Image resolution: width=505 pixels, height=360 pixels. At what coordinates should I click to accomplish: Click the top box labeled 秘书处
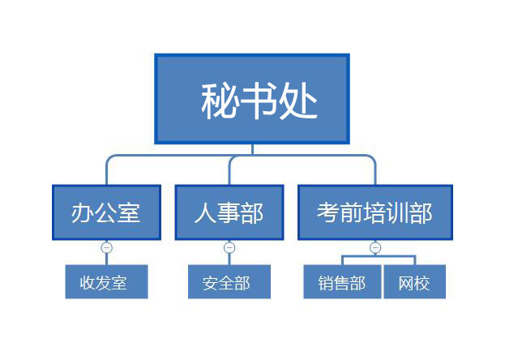pos(252,99)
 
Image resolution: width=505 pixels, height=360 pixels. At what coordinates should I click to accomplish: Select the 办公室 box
pos(107,212)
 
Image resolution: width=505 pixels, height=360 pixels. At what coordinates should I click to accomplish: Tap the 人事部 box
pos(229,212)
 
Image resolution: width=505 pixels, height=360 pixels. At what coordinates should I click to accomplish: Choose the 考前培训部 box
pos(375,212)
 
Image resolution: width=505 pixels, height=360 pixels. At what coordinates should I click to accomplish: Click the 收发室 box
pos(107,281)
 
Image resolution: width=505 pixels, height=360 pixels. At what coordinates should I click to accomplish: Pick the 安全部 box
pos(229,281)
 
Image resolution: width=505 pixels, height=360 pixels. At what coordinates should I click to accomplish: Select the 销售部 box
pos(342,281)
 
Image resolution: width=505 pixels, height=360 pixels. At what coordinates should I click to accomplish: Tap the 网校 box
pos(415,281)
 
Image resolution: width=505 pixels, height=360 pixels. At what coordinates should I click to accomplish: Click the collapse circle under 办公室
pos(107,247)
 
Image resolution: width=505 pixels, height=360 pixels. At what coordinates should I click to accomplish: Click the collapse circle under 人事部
pos(229,247)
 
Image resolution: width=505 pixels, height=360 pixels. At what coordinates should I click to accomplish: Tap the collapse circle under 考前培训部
pos(375,247)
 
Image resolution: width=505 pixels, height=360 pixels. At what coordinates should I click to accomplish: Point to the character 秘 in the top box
pos(220,101)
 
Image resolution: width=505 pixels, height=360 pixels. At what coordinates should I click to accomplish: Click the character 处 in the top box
pos(298,101)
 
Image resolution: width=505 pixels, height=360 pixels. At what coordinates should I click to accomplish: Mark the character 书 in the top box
pos(259,101)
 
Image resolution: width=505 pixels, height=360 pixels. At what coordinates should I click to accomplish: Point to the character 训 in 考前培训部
pos(398,212)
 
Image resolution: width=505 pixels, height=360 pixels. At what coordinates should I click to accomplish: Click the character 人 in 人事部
pos(205,212)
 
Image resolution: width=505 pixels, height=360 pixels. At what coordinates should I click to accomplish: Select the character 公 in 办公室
pos(106,212)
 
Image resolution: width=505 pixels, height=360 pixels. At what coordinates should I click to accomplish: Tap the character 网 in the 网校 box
pos(406,283)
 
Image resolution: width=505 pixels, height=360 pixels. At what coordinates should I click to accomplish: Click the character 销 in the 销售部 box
pos(326,283)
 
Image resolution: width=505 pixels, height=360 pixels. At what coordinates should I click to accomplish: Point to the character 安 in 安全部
pos(210,283)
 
